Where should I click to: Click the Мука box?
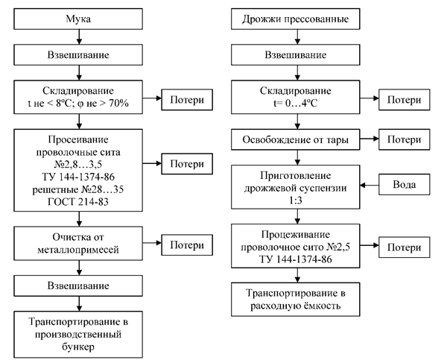pyautogui.click(x=78, y=19)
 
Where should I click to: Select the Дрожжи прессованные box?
pyautogui.click(x=295, y=19)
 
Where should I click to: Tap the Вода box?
pyautogui.click(x=405, y=185)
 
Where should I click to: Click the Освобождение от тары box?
pyautogui.click(x=295, y=139)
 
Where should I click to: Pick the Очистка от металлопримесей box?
pyautogui.click(x=78, y=243)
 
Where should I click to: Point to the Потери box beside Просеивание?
pyautogui.click(x=187, y=164)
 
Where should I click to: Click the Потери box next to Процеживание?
pyautogui.click(x=405, y=247)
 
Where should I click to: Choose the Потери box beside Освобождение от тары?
pyautogui.click(x=405, y=139)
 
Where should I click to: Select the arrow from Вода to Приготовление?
pyautogui.click(x=370, y=185)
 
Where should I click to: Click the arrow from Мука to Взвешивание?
pyautogui.click(x=79, y=37)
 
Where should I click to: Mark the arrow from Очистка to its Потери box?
pyautogui.click(x=152, y=243)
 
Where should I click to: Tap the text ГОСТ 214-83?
pyautogui.click(x=78, y=202)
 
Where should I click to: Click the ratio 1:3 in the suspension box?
pyautogui.click(x=295, y=200)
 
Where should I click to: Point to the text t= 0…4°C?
pyautogui.click(x=295, y=103)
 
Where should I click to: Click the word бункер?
pyautogui.click(x=78, y=347)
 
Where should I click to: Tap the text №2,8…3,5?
pyautogui.click(x=78, y=165)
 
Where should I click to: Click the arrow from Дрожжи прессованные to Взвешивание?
pyautogui.click(x=297, y=37)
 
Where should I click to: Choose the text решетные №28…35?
pyautogui.click(x=78, y=190)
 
